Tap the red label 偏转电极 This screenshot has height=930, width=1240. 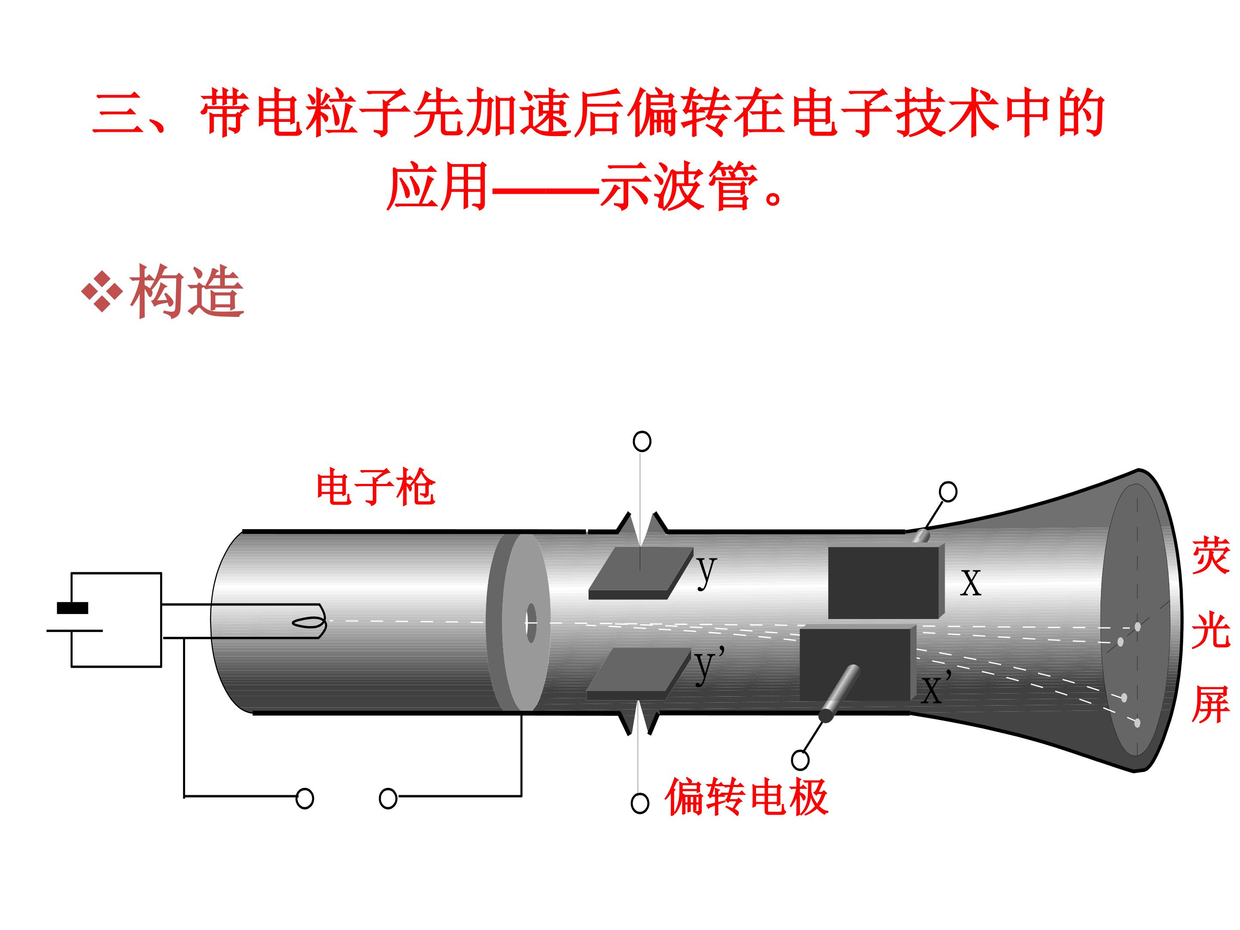(x=746, y=797)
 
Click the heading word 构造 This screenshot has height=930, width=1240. (x=187, y=291)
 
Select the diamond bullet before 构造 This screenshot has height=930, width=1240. (x=102, y=291)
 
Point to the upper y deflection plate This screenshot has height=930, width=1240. (x=641, y=573)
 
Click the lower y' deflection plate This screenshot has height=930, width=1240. (x=639, y=674)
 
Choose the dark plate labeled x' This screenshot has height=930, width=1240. (x=858, y=664)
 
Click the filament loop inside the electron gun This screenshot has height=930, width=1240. (x=308, y=623)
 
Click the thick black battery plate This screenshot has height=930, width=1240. (x=72, y=608)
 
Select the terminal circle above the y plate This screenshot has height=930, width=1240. (x=642, y=441)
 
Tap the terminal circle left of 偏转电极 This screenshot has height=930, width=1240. (x=640, y=803)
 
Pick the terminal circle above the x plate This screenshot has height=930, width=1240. (x=948, y=492)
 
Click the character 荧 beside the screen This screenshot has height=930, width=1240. (x=1210, y=555)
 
